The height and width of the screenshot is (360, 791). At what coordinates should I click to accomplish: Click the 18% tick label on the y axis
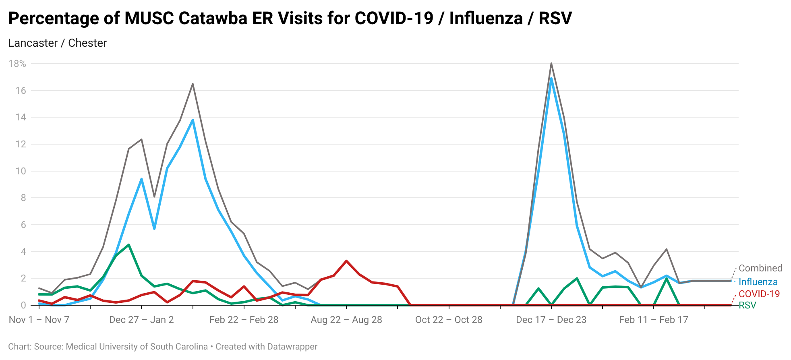[x=17, y=64]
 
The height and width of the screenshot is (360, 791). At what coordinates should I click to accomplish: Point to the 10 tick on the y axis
[x=21, y=171]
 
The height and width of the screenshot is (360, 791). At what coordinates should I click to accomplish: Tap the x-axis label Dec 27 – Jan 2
[x=141, y=320]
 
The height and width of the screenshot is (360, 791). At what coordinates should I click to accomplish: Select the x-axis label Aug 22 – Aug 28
[x=346, y=320]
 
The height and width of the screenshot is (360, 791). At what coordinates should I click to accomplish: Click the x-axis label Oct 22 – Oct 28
[x=449, y=320]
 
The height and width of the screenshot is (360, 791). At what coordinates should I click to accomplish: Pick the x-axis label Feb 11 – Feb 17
[x=653, y=320]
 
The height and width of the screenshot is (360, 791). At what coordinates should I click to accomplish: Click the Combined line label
[x=760, y=268]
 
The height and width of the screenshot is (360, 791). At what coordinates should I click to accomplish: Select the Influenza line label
[x=758, y=282]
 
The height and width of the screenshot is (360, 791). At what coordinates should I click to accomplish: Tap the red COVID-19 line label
[x=759, y=294]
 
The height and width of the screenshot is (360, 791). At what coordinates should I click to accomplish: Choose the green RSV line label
[x=747, y=305]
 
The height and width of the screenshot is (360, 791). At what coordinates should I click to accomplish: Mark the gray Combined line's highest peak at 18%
[x=551, y=63]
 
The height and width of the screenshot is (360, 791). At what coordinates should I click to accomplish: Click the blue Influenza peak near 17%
[x=551, y=78]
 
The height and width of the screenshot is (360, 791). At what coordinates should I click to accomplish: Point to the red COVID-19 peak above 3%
[x=346, y=261]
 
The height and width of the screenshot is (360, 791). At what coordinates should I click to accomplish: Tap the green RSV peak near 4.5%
[x=128, y=245]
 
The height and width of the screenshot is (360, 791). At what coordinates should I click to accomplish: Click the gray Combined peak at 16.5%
[x=193, y=84]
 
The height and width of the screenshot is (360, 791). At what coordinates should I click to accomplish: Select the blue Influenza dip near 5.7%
[x=154, y=229]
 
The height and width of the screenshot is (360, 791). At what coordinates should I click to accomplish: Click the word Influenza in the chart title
[x=485, y=19]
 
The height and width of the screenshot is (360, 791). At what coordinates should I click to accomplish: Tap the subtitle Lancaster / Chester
[x=57, y=43]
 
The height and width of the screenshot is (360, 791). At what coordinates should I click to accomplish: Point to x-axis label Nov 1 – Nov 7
[x=39, y=320]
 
